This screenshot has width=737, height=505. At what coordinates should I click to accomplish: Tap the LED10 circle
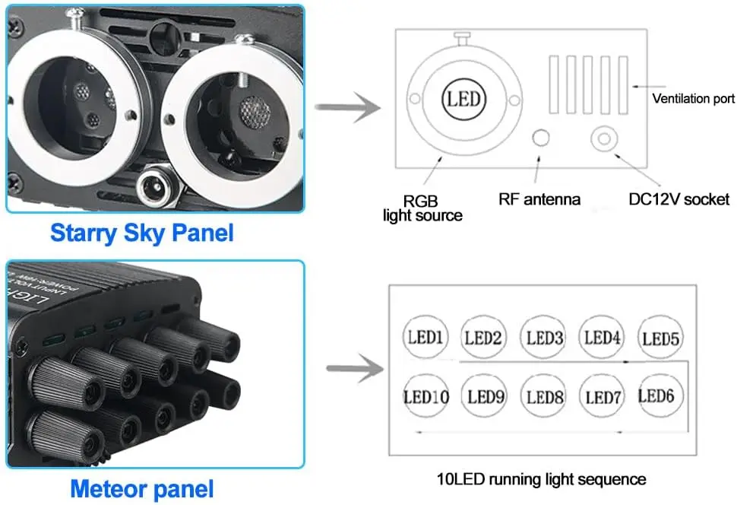coord(425,396)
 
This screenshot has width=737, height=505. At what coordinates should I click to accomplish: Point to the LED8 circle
coord(544,396)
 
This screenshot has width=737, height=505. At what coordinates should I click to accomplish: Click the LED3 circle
coord(544,337)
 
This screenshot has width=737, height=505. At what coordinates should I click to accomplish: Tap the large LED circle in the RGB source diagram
coord(463,100)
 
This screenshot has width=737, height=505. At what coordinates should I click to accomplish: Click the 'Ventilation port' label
coord(693,99)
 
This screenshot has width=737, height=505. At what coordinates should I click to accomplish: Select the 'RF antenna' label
coord(539,200)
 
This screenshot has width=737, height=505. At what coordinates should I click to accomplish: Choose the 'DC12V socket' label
coord(678,199)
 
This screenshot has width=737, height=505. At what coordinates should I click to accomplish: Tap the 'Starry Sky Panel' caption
coord(141,232)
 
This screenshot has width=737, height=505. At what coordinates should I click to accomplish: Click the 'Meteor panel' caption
coord(142,488)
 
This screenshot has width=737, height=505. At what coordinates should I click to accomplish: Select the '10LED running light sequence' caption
coord(542,479)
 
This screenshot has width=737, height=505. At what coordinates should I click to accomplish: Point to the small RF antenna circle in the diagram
coord(541,138)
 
